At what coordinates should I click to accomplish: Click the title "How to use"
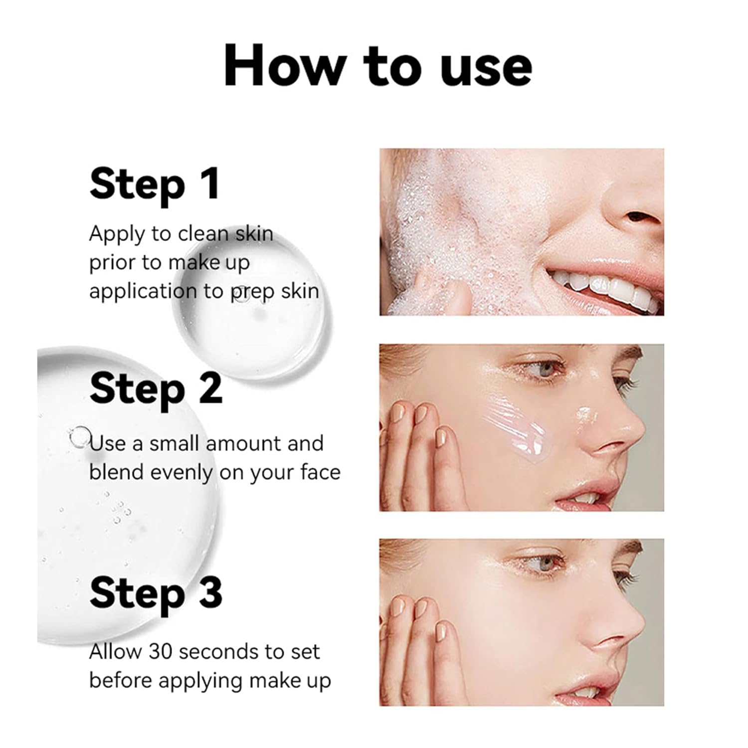(x=377, y=66)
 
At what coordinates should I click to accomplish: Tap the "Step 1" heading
(x=155, y=184)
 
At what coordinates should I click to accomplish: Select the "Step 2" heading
(x=156, y=389)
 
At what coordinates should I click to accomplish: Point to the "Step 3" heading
(x=156, y=593)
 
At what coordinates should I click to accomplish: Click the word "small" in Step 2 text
(x=175, y=443)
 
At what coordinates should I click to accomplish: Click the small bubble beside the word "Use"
(x=80, y=437)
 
